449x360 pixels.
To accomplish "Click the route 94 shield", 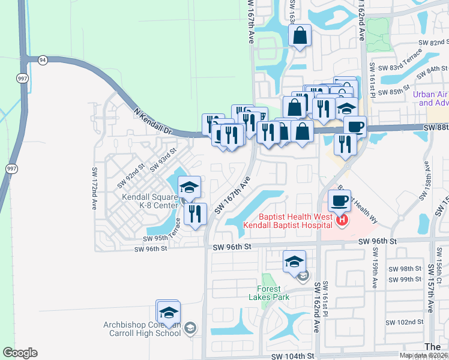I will pos(42,60).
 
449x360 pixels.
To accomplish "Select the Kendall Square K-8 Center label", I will pos(150,201).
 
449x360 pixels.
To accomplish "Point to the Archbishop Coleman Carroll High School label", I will pos(142,329).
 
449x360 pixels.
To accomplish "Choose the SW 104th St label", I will pos(292,356).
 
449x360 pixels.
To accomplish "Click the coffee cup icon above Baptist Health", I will pos(340,200).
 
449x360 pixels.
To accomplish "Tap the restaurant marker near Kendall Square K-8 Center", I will pos(195,214).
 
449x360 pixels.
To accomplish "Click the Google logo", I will pos(20,353).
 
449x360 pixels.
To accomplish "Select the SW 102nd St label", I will pos(405,322).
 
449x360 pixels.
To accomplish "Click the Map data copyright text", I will pos(423,355).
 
